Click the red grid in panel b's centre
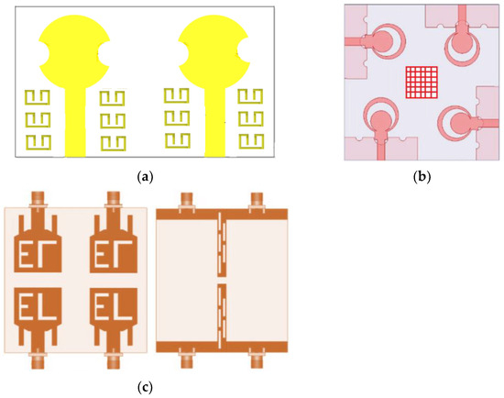[422, 82]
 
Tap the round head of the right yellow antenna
[213, 52]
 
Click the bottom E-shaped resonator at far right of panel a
[249, 140]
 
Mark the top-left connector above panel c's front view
[38, 199]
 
